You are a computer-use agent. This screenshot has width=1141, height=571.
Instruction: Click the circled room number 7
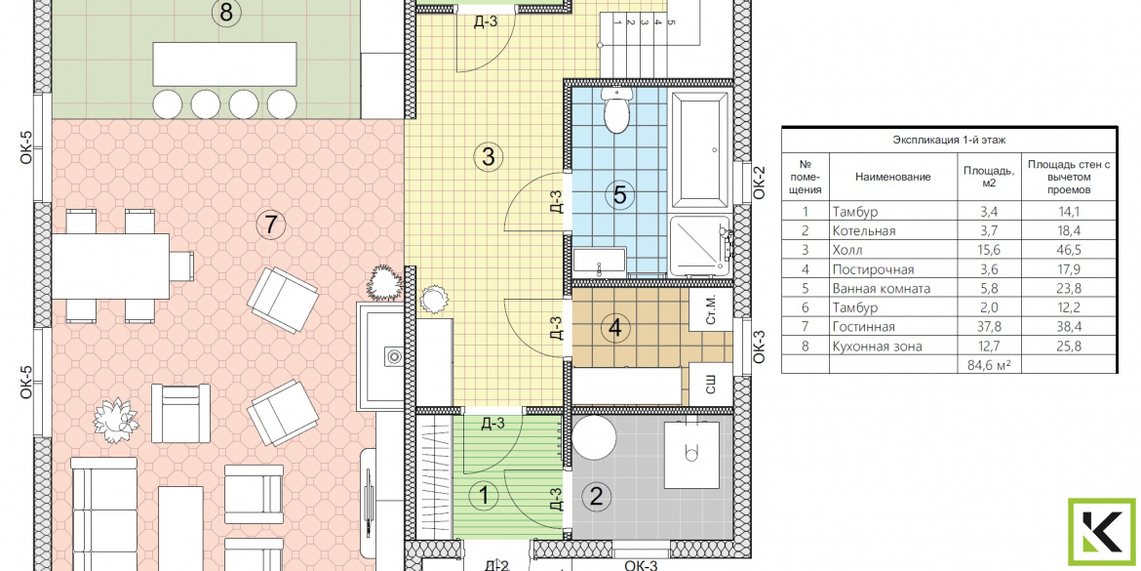[271, 225]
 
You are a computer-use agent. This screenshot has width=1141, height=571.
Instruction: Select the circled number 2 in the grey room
[596, 498]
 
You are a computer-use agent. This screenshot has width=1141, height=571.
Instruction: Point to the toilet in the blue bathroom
[615, 110]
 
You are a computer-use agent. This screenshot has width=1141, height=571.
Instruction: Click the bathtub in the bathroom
[699, 149]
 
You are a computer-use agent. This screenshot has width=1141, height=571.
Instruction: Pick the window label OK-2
[759, 183]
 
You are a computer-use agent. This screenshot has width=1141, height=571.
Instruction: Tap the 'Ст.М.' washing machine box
[712, 311]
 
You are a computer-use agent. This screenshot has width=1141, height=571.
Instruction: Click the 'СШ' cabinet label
[711, 386]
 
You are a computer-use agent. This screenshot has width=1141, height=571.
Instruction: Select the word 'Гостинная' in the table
[863, 327]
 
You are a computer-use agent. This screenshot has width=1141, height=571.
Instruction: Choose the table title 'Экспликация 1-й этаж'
[949, 141]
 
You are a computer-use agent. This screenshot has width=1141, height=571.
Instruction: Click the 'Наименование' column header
[893, 177]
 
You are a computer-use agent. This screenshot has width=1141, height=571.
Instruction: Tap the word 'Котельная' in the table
[864, 231]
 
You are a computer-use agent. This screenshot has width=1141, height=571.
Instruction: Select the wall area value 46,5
[1069, 251]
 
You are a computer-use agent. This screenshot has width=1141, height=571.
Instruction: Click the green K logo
[1102, 532]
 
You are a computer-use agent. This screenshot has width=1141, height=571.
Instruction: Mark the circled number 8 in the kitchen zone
[225, 12]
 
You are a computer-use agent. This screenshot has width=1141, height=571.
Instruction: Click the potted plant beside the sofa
[116, 420]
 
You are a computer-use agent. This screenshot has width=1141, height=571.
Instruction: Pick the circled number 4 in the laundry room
[615, 329]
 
